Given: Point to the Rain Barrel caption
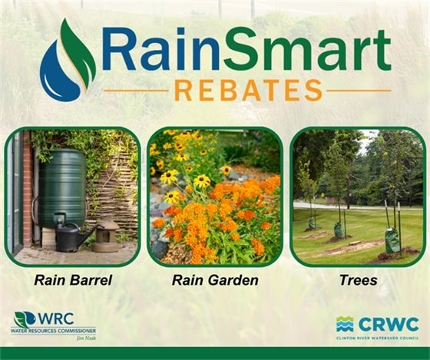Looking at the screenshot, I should click(x=73, y=280).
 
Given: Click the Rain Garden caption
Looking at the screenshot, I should click(x=215, y=280).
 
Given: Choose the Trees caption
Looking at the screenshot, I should click(x=358, y=280).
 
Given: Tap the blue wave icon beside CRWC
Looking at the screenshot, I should click(x=345, y=324).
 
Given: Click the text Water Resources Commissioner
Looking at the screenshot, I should click(x=53, y=331).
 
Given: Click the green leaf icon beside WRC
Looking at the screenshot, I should click(x=25, y=319).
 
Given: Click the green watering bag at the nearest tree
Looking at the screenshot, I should click(x=392, y=240).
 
